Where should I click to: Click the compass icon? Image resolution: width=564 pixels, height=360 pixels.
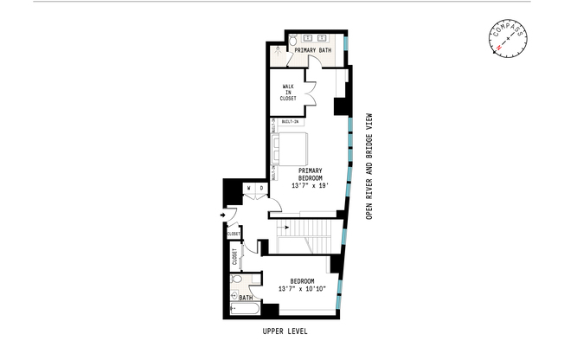pyautogui.click(x=508, y=38)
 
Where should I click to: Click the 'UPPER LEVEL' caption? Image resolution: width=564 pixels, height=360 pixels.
pyautogui.click(x=285, y=331)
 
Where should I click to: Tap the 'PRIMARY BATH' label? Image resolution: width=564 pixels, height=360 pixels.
pyautogui.click(x=312, y=51)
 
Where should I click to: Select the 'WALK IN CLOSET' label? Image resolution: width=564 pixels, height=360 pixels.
pyautogui.click(x=288, y=93)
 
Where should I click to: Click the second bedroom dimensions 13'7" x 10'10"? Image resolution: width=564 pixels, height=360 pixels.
pyautogui.click(x=302, y=288)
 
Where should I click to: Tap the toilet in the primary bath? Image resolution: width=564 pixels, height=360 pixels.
pyautogui.click(x=293, y=41)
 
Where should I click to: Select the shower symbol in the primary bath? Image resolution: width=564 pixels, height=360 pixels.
pyautogui.click(x=279, y=52)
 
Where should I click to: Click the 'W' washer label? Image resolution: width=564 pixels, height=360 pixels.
pyautogui.click(x=249, y=187)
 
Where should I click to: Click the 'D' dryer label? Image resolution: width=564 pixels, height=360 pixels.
pyautogui.click(x=260, y=187)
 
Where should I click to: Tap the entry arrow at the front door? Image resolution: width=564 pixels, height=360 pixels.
pyautogui.click(x=224, y=214)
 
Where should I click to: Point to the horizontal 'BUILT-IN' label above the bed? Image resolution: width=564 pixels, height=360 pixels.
pyautogui.click(x=290, y=122)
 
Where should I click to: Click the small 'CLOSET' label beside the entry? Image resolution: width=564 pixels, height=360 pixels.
pyautogui.click(x=234, y=234)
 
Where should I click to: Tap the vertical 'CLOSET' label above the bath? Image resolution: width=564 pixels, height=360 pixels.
pyautogui.click(x=234, y=258)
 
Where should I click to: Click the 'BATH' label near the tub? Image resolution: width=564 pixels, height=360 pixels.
pyautogui.click(x=246, y=297)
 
